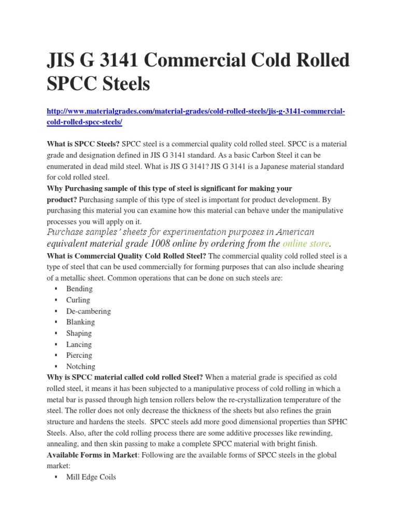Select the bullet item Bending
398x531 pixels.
point(79,289)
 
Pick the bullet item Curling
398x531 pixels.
point(78,300)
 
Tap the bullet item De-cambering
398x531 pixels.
point(88,311)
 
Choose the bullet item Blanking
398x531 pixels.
point(80,322)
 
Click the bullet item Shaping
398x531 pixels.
point(79,333)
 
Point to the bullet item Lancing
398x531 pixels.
point(79,344)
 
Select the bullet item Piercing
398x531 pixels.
point(79,355)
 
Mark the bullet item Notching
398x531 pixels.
point(81,367)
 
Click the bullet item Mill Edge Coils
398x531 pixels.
point(91,477)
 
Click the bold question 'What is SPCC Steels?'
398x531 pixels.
point(83,144)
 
